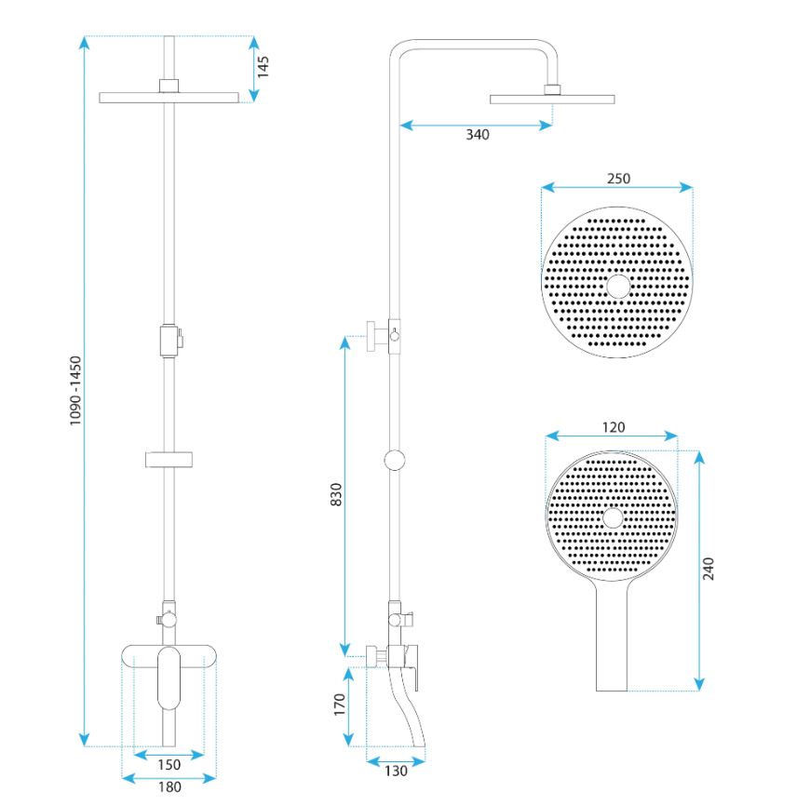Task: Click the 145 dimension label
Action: pyautogui.click(x=263, y=67)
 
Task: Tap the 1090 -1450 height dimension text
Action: pyautogui.click(x=75, y=390)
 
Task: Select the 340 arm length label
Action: pyautogui.click(x=478, y=135)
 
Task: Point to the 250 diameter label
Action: pyautogui.click(x=618, y=179)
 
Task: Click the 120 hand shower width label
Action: pyautogui.click(x=614, y=427)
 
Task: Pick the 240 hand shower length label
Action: pyautogui.click(x=709, y=569)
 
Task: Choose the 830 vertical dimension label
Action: pyautogui.click(x=336, y=494)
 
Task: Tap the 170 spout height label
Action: pyautogui.click(x=340, y=704)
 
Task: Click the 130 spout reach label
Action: pyautogui.click(x=396, y=771)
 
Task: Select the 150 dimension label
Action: pyautogui.click(x=169, y=765)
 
